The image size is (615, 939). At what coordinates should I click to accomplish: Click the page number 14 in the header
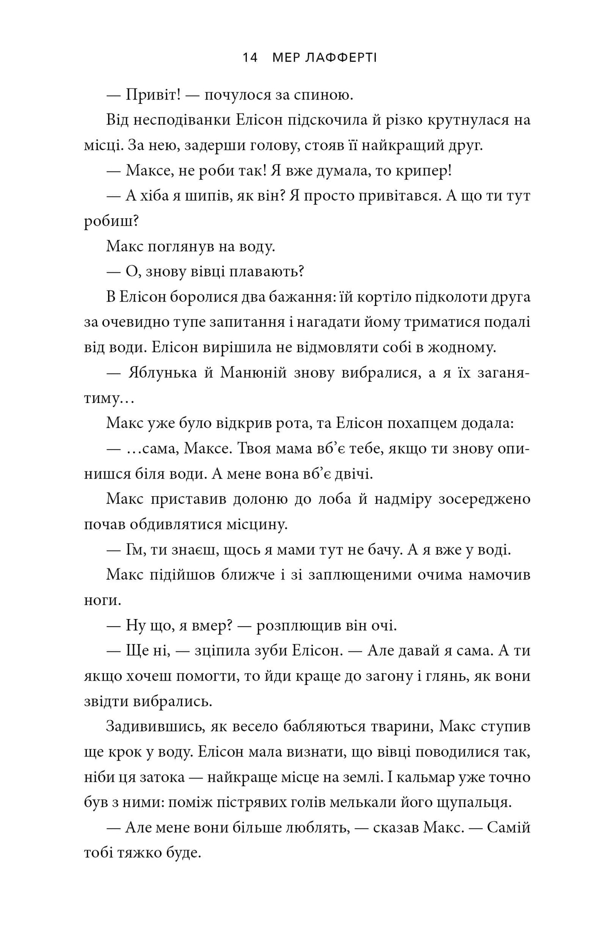tap(250, 57)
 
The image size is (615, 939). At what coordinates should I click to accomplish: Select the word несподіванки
tap(180, 121)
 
